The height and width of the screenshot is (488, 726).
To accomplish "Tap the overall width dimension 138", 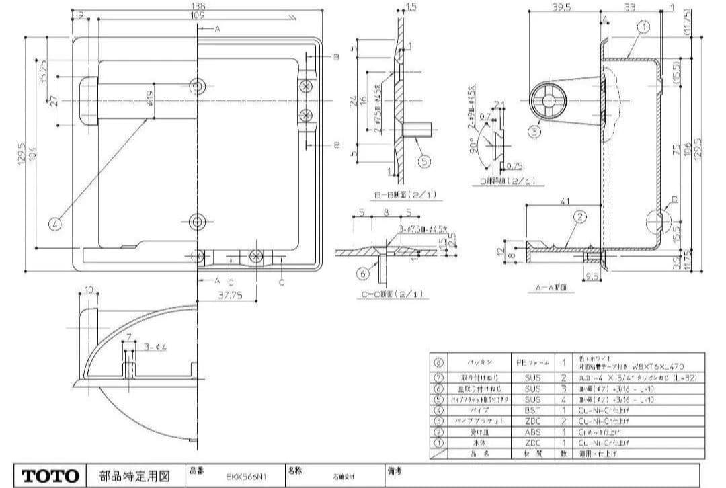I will tap(198, 6).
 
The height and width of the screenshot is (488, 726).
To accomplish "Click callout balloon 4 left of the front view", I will tap(56, 224).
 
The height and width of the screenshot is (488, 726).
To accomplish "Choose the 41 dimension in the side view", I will tap(564, 200).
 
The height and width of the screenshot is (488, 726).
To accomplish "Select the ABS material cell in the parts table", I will tap(532, 433).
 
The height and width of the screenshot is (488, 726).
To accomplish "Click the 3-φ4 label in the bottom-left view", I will tap(155, 347).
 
